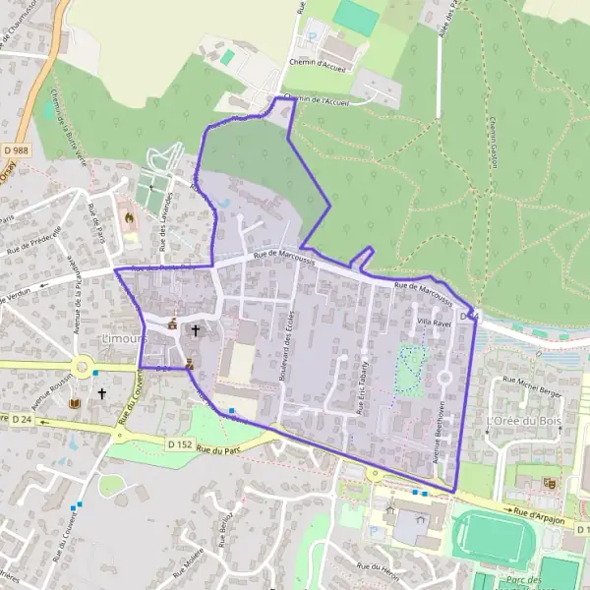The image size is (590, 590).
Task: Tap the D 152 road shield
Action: pyautogui.click(x=179, y=444)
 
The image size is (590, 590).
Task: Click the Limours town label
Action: pyautogui.click(x=123, y=338)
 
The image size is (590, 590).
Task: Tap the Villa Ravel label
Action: pyautogui.click(x=434, y=322)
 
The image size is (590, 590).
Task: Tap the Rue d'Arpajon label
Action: pyautogui.click(x=542, y=513)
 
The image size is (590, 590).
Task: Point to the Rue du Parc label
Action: pyautogui.click(x=217, y=450)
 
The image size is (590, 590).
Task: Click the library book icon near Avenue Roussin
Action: pyautogui.click(x=73, y=402)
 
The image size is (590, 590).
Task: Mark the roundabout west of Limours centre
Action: pyautogui.click(x=83, y=369)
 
